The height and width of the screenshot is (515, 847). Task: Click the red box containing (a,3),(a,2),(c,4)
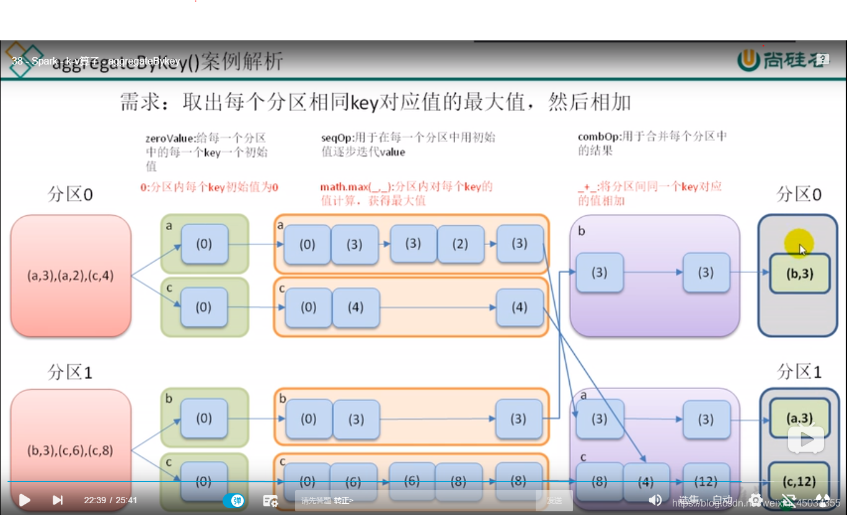click(70, 275)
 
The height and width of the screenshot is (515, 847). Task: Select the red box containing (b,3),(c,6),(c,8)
click(70, 450)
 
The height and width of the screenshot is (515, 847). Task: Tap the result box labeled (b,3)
click(800, 274)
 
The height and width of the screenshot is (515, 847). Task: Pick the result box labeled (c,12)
click(799, 481)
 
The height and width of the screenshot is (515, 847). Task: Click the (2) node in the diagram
click(460, 244)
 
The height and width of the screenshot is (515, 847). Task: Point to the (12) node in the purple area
click(706, 481)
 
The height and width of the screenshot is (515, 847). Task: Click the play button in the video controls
click(25, 500)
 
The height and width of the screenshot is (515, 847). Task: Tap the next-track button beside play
click(57, 500)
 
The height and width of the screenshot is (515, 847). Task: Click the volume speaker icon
click(655, 500)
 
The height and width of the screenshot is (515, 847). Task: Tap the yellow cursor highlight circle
click(798, 244)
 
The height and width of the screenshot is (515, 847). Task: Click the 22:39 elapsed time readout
click(95, 500)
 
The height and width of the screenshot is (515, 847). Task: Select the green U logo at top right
click(749, 60)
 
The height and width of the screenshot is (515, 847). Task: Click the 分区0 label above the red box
click(70, 195)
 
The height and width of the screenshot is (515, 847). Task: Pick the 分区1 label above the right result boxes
click(799, 372)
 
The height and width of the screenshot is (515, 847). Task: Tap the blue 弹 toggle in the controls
click(234, 501)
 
